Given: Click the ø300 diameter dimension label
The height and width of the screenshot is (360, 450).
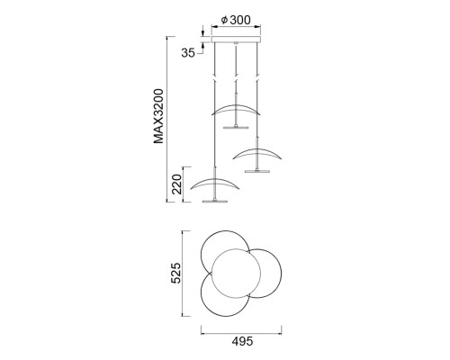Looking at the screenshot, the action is tap(236, 20).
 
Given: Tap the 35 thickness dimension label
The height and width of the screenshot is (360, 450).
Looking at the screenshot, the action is tap(188, 53).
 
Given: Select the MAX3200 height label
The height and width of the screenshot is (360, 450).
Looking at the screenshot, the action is tap(158, 116).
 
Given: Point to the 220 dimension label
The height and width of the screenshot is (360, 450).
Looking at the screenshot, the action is tap(177, 184).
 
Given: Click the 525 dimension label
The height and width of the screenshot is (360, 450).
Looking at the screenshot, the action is tap(175, 273).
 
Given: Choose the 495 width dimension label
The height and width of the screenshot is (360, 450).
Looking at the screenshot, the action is tap(242, 341).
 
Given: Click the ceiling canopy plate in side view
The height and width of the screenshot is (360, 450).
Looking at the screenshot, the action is tap(236, 40).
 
